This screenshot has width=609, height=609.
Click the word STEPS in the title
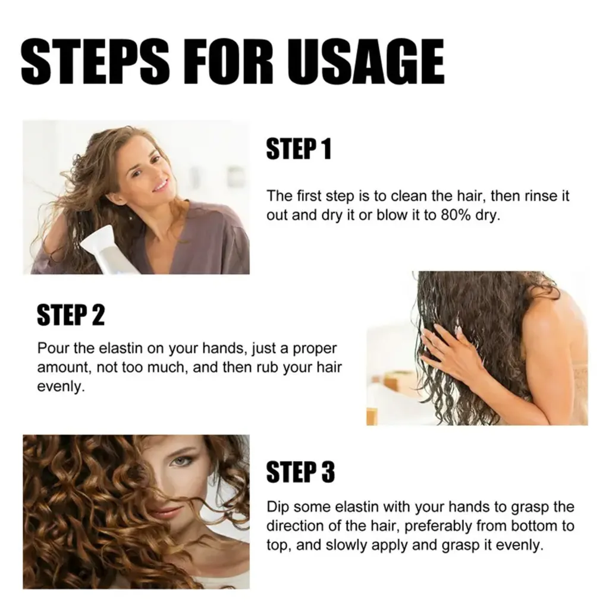click(x=95, y=61)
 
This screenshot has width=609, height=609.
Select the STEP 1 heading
click(x=299, y=149)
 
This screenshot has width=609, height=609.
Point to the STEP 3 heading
click(x=300, y=472)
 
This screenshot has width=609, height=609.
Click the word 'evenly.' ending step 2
click(x=61, y=387)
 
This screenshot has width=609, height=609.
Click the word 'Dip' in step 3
click(x=277, y=507)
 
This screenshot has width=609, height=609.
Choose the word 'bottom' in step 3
click(x=536, y=526)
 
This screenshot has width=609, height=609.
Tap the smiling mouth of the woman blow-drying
click(x=160, y=186)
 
